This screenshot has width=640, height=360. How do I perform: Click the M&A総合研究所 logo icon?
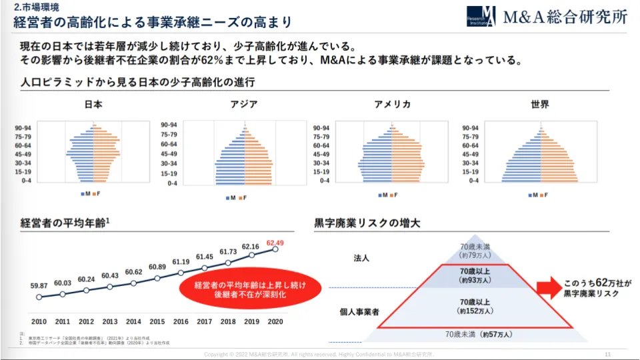click(481, 16)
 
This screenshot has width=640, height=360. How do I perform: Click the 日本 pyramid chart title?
click(93, 105)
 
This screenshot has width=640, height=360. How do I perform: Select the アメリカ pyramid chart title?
click(392, 105)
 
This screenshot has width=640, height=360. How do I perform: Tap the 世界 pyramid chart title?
click(540, 105)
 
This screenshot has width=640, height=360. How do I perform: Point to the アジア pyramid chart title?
click(244, 105)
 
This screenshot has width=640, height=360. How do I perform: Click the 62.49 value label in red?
click(275, 243)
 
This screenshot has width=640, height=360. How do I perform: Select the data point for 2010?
click(39, 297)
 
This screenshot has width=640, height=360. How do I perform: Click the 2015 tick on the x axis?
click(157, 321)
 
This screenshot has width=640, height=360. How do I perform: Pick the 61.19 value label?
click(181, 262)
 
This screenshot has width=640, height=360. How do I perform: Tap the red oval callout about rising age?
click(250, 290)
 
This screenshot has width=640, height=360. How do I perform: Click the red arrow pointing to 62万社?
click(549, 287)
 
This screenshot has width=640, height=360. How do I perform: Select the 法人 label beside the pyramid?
click(361, 257)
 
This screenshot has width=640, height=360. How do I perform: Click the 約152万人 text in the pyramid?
click(475, 311)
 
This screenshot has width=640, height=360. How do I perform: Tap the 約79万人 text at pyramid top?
click(475, 255)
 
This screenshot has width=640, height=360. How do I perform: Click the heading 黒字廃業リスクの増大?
click(367, 223)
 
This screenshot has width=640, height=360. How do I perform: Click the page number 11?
click(607, 353)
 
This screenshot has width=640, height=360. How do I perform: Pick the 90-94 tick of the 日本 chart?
click(23, 128)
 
